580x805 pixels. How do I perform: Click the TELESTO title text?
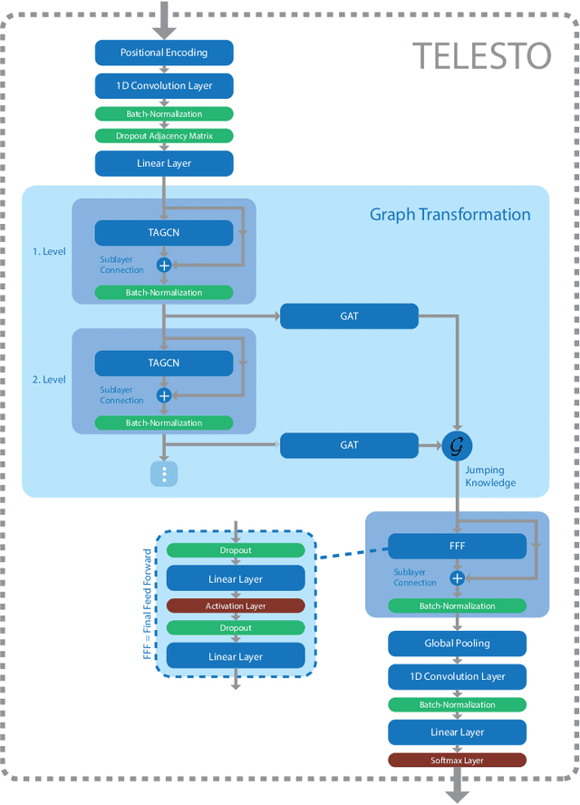click(482, 56)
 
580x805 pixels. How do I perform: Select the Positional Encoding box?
click(164, 53)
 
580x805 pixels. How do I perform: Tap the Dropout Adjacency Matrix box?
click(164, 136)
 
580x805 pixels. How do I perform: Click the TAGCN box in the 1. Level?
click(164, 232)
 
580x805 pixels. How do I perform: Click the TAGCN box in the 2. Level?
click(164, 363)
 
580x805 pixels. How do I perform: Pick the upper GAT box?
click(349, 316)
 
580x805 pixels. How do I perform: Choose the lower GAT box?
click(349, 445)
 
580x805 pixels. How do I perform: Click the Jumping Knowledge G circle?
click(458, 446)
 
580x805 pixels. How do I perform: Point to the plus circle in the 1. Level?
click(164, 265)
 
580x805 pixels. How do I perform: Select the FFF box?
click(458, 546)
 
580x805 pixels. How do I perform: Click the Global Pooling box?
click(458, 644)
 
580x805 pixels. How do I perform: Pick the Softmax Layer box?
click(458, 761)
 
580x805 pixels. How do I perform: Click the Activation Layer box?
click(236, 606)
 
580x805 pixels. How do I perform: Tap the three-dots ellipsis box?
click(164, 473)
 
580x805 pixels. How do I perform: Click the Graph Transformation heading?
click(449, 215)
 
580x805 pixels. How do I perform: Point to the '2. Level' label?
click(48, 380)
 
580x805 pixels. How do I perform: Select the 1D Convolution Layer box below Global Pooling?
click(458, 676)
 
